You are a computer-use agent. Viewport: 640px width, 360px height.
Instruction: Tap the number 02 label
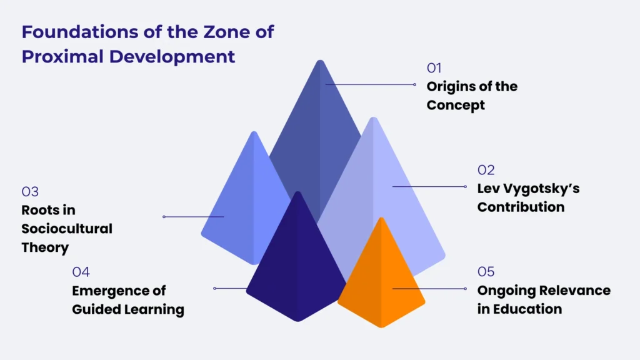tap(486, 169)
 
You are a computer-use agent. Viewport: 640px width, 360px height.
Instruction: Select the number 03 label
tap(30, 191)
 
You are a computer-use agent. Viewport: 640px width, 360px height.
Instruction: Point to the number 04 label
tap(81, 272)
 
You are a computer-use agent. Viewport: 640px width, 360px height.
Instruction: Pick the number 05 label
tap(486, 271)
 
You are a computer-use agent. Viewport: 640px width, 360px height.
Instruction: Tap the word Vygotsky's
tap(535, 188)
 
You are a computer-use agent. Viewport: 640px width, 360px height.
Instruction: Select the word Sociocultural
tap(67, 229)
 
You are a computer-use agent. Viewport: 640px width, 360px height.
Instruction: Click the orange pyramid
tap(381, 281)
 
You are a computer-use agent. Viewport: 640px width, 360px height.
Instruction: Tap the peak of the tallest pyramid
tap(320, 62)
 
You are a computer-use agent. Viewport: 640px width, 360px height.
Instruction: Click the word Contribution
tap(521, 207)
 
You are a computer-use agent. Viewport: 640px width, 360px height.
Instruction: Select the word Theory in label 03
tap(45, 247)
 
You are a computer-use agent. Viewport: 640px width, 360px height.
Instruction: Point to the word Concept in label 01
tap(456, 105)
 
